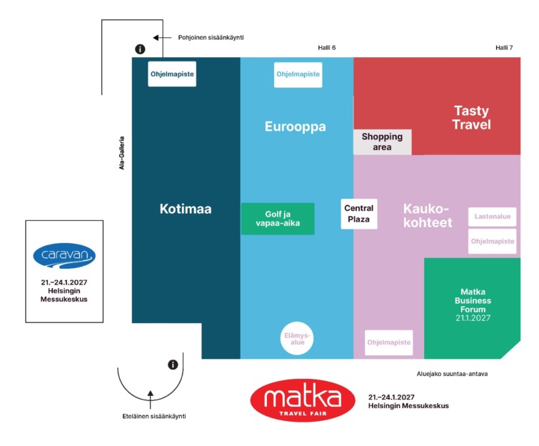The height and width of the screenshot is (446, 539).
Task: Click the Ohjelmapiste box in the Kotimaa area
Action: [x=172, y=74]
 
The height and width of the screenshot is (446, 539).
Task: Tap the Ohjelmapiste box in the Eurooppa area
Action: [x=298, y=74]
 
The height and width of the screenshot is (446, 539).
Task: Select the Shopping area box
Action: [x=382, y=142]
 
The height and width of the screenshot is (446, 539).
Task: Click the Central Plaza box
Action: [x=359, y=214]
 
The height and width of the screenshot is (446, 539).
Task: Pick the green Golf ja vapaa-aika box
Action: [x=278, y=219]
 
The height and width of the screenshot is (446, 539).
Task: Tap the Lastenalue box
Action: [x=493, y=217]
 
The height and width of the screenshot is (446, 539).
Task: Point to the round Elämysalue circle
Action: [x=297, y=339]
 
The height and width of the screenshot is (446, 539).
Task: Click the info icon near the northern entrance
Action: [x=140, y=49]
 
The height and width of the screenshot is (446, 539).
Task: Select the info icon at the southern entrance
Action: [x=173, y=365]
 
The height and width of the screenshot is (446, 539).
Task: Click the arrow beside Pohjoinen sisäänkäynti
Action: [x=162, y=37]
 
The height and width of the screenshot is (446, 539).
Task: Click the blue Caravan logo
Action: [x=64, y=256]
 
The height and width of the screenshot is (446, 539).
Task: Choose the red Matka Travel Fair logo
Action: [x=303, y=400]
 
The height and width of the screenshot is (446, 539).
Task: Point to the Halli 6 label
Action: [x=326, y=48]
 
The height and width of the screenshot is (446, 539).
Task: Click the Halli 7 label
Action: [x=504, y=48]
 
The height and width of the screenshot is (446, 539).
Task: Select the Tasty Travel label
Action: [x=471, y=118]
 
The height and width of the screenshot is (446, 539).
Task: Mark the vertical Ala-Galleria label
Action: [x=121, y=153]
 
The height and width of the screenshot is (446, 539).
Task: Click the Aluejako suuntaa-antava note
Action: [x=452, y=374]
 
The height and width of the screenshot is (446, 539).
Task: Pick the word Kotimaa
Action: [x=186, y=209]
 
